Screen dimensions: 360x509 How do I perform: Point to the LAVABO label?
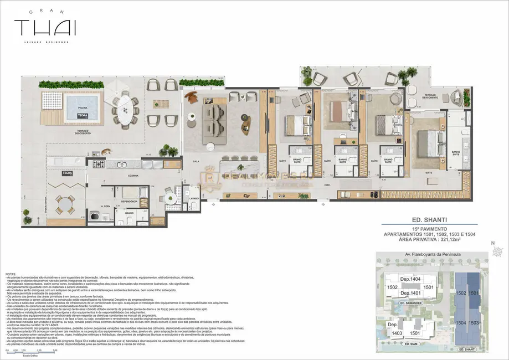tap(193, 198)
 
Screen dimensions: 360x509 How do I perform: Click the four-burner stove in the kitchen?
tap(98, 164)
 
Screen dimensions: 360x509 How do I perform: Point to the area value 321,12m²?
tap(449, 241)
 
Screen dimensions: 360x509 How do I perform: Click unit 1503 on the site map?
tap(473, 322)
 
